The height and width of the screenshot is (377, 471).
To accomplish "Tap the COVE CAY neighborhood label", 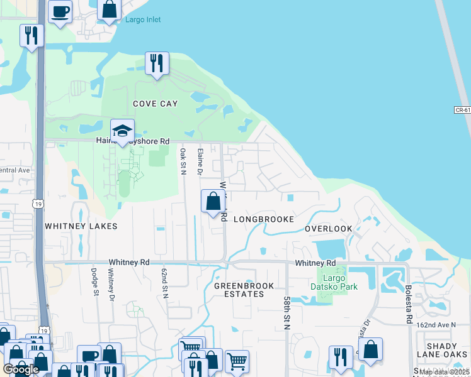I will pyautogui.click(x=155, y=104).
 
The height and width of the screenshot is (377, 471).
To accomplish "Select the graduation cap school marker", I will pyautogui.click(x=122, y=131).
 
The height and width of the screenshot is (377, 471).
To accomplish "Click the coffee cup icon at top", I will pyautogui.click(x=60, y=11).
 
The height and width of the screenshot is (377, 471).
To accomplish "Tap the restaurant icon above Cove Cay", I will pyautogui.click(x=157, y=63).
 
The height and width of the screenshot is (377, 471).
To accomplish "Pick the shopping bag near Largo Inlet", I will pyautogui.click(x=110, y=9).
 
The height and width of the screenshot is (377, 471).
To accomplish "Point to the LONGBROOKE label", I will pyautogui.click(x=264, y=219).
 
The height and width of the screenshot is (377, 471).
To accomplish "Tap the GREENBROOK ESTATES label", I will pyautogui.click(x=244, y=290).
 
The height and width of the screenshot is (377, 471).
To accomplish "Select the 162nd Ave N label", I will pyautogui.click(x=435, y=324).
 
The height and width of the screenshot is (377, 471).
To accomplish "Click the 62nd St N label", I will pyautogui.click(x=165, y=281).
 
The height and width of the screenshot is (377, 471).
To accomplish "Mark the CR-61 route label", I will pyautogui.click(x=462, y=110).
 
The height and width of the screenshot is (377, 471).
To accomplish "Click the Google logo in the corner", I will pyautogui.click(x=21, y=369).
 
